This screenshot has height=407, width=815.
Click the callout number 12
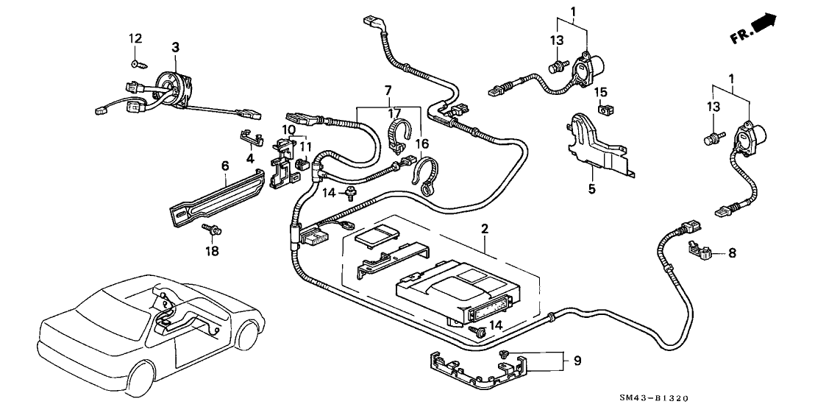coord(134,38)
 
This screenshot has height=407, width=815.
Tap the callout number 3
coord(175,47)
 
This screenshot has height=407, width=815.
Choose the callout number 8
coord(732,253)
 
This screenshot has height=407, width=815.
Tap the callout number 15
coord(601,92)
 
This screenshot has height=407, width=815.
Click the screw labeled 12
coord(135,63)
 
